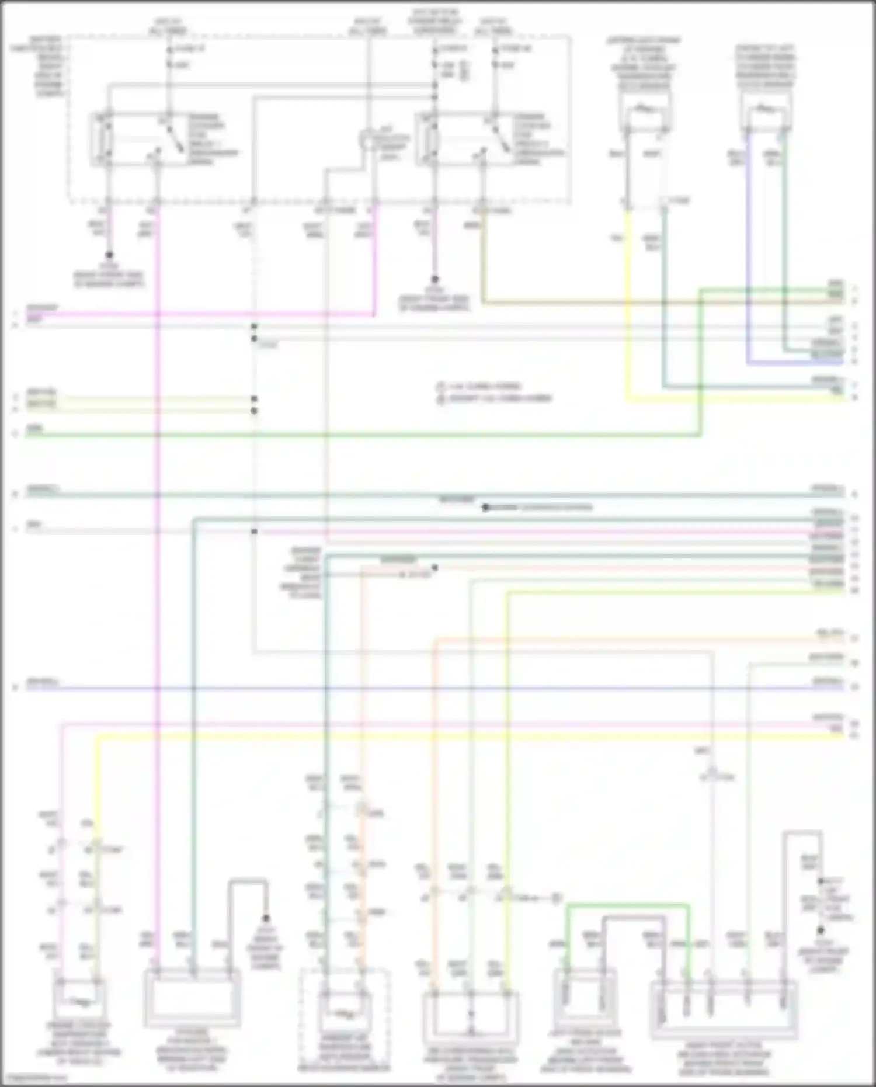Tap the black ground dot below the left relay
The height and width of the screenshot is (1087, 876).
tap(109, 255)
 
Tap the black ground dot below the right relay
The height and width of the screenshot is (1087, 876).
tap(434, 280)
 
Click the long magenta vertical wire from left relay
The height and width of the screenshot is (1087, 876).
tap(158, 526)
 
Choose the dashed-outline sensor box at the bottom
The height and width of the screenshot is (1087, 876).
tap(344, 1016)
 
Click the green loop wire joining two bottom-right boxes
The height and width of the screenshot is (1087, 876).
tap(628, 907)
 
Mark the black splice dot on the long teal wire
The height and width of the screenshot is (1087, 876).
tap(485, 508)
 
